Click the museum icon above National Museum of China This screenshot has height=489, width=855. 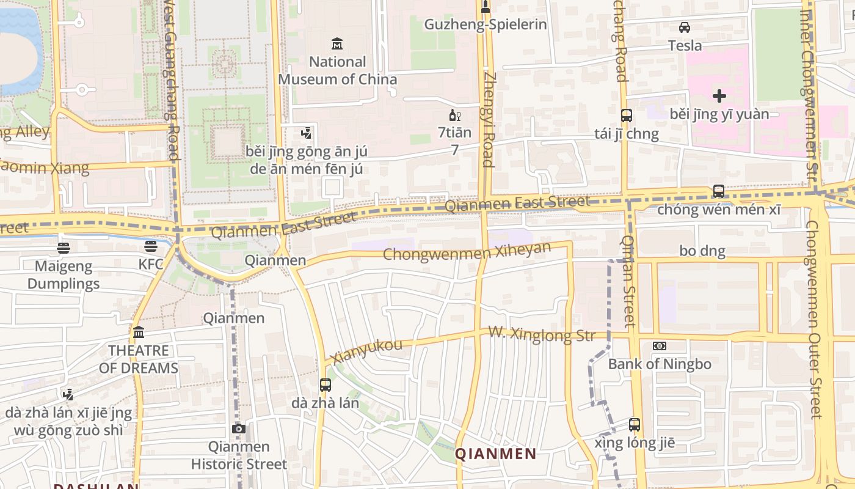tap(337, 43)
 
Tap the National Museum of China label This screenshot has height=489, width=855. tap(337, 70)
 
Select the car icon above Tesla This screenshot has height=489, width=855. tap(685, 28)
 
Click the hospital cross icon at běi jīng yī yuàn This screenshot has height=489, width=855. tap(719, 96)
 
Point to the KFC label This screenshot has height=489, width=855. tap(151, 264)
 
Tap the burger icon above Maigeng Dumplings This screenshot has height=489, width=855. tap(64, 248)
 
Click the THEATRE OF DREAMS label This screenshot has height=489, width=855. tap(139, 359)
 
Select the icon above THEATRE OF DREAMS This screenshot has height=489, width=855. tap(139, 333)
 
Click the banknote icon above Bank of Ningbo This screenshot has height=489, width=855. tap(660, 346)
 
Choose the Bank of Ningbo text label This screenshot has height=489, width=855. tap(660, 364)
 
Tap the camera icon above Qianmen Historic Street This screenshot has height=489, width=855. tap(239, 428)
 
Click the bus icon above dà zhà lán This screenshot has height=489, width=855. tap(326, 385)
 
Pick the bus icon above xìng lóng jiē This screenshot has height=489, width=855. tap(635, 424)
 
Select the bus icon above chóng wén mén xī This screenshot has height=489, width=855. tap(719, 191)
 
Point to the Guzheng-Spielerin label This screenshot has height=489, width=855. tap(486, 24)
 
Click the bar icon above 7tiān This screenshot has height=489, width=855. tap(454, 115)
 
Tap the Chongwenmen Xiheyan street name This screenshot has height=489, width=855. tap(467, 251)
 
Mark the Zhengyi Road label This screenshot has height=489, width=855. tap(488, 119)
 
